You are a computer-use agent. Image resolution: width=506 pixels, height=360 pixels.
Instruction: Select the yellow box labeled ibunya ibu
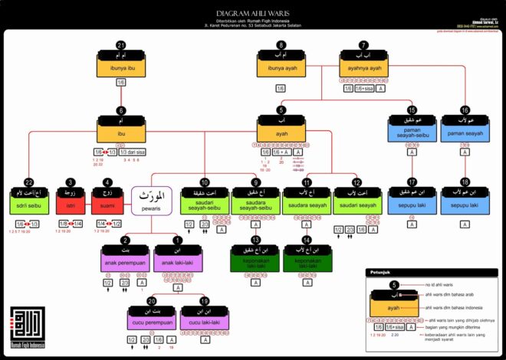121,68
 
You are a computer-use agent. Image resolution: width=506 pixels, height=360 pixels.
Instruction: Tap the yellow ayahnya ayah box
365,68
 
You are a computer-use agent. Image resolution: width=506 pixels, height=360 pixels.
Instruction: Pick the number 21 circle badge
121,45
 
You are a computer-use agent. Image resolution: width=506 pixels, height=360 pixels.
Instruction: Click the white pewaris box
150,201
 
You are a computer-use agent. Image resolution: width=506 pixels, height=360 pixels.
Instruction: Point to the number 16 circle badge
465,110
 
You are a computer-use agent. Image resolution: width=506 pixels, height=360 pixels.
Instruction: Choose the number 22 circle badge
29,182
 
